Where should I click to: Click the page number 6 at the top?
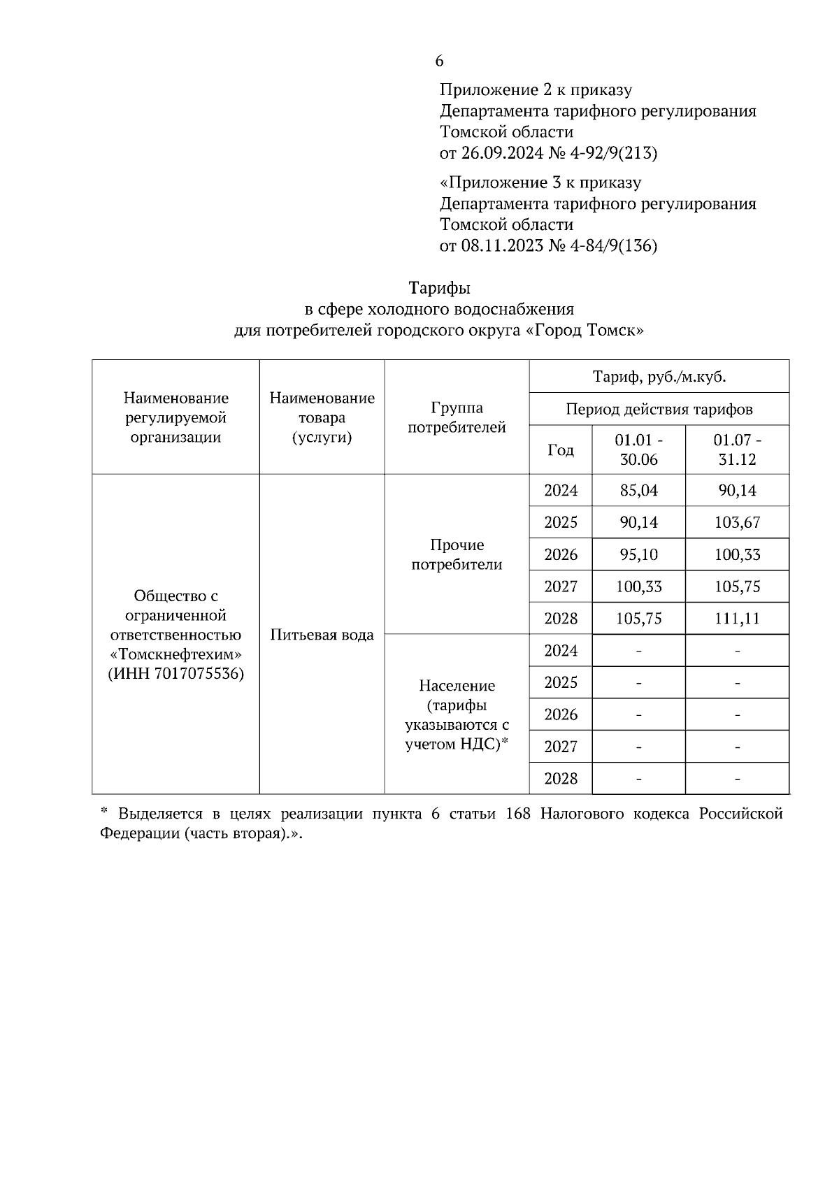[x=439, y=62]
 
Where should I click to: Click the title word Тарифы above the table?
[x=439, y=288]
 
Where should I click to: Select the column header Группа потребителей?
[x=457, y=417]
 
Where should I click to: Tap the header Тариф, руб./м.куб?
[x=659, y=377]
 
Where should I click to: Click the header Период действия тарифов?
[x=659, y=410]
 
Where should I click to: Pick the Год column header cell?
[x=560, y=450]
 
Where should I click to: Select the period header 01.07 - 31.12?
[x=737, y=450]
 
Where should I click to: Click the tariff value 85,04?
[x=638, y=491]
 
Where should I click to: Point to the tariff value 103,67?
[x=737, y=523]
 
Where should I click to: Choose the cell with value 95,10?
[x=638, y=555]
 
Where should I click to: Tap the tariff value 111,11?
[x=737, y=619]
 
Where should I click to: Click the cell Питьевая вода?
[x=322, y=635]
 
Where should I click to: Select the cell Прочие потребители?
[x=457, y=555]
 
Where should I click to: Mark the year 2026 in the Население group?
[x=560, y=714]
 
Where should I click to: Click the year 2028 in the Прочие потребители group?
[x=560, y=619]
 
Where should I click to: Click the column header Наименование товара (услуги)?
[x=322, y=417]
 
